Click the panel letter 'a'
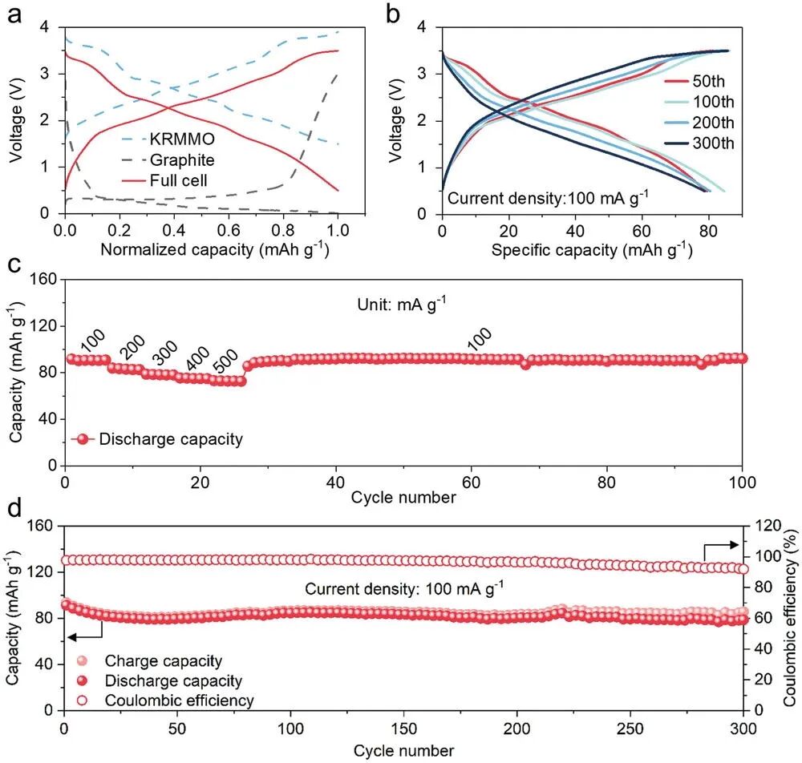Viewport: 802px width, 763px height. [x=14, y=14]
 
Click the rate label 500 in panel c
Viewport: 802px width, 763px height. [x=226, y=361]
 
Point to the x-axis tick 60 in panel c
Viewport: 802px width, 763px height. [x=472, y=482]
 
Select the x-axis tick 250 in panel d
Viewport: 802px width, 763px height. [x=630, y=728]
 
